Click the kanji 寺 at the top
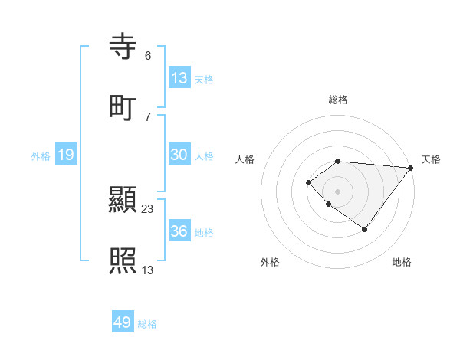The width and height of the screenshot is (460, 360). (x=123, y=48)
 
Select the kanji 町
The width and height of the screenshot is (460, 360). (x=123, y=107)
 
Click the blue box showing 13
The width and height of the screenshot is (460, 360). (x=179, y=78)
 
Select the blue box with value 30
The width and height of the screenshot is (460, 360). (x=179, y=155)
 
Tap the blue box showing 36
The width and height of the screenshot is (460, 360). (x=179, y=232)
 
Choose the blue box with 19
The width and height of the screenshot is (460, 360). (x=65, y=155)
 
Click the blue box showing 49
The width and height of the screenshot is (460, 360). (x=123, y=323)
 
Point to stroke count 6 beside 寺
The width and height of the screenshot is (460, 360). (x=147, y=56)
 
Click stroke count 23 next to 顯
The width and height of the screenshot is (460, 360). (x=148, y=209)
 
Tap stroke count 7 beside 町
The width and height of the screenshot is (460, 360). (x=147, y=116)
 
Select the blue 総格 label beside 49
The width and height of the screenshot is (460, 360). (x=148, y=324)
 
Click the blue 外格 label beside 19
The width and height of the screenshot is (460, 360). (x=41, y=156)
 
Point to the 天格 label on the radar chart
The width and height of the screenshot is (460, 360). (x=431, y=159)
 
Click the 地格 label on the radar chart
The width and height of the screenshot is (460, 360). (x=402, y=262)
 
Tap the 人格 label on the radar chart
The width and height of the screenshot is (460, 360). (x=245, y=159)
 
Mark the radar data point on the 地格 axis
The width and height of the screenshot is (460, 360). (x=365, y=229)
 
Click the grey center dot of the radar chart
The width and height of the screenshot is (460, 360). (x=337, y=191)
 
